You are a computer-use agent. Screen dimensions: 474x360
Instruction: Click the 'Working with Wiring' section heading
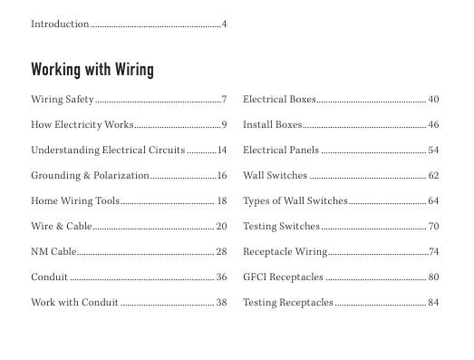click(x=92, y=70)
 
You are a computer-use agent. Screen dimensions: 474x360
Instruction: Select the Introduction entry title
click(x=60, y=24)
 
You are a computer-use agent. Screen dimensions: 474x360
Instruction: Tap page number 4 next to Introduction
click(x=224, y=24)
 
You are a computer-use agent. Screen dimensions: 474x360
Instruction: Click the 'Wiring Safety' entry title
click(x=63, y=99)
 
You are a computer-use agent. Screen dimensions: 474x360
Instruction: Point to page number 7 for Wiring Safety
click(x=224, y=99)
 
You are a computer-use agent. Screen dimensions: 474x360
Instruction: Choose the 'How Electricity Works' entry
click(x=82, y=124)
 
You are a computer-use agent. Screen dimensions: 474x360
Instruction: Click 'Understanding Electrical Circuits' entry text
click(x=108, y=150)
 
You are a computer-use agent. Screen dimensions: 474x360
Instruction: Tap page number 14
click(x=221, y=150)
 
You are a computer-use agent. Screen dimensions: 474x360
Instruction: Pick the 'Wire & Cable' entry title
click(x=62, y=226)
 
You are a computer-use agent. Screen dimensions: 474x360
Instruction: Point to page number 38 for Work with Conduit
click(x=221, y=302)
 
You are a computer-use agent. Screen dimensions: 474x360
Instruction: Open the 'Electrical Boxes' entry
click(x=279, y=99)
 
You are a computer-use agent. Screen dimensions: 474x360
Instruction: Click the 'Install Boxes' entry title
click(x=273, y=124)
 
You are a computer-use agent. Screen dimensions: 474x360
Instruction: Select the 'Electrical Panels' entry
click(x=281, y=150)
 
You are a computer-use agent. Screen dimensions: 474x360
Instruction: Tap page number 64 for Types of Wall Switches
click(x=433, y=200)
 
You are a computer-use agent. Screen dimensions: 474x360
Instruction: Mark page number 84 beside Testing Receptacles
click(x=433, y=302)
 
